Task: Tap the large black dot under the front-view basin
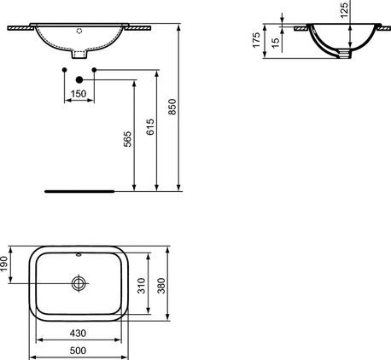(79, 78)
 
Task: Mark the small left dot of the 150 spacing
(65, 68)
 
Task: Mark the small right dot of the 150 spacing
(94, 68)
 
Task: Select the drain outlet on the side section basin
(344, 55)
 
